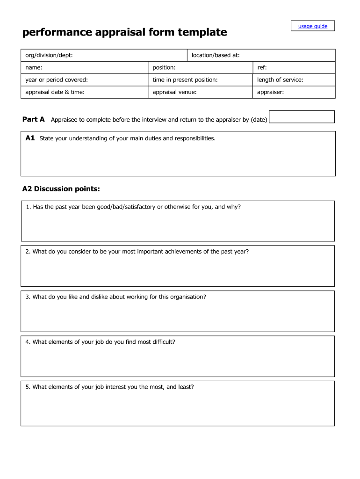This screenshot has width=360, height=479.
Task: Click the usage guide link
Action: tap(313, 26)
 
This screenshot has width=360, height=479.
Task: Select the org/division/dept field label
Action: tap(49, 56)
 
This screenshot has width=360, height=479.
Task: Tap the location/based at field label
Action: tap(216, 56)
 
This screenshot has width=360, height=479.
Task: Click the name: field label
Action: tap(34, 68)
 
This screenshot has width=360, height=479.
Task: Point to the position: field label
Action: tap(164, 68)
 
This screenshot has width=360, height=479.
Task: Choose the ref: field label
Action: tap(262, 68)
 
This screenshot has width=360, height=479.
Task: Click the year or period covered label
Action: tap(57, 80)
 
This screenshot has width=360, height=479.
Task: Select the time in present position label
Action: tap(185, 80)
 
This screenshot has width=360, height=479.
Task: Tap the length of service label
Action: tap(280, 80)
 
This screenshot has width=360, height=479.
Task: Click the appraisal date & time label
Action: tap(55, 92)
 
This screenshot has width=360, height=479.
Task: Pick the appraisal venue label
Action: tap(174, 92)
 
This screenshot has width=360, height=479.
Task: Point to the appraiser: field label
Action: tap(270, 92)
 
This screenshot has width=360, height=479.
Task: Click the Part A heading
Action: tap(34, 120)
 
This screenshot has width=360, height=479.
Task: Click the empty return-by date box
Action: tap(302, 117)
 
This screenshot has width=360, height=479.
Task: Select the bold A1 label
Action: tap(30, 138)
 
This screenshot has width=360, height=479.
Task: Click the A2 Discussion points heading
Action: tap(61, 189)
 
